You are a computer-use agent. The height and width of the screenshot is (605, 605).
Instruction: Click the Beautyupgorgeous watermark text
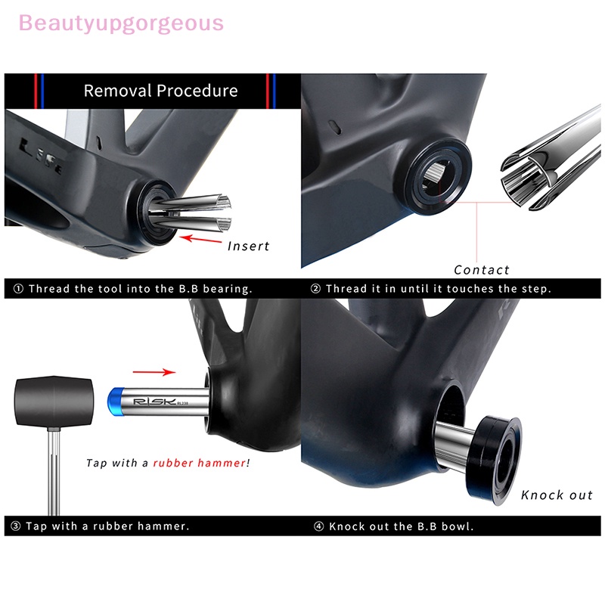121,23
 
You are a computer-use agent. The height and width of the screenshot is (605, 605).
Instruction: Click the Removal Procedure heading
160,92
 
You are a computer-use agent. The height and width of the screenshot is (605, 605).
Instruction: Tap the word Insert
248,246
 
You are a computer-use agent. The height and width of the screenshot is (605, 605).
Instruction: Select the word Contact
482,270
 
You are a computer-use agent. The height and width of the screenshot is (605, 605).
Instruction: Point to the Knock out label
557,495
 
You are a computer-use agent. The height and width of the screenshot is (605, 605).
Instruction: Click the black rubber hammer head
51,398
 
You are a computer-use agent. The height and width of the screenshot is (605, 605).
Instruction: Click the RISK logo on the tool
154,399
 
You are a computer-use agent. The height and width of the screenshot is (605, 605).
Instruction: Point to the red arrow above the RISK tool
154,372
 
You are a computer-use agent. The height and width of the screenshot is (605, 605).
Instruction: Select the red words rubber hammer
199,463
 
